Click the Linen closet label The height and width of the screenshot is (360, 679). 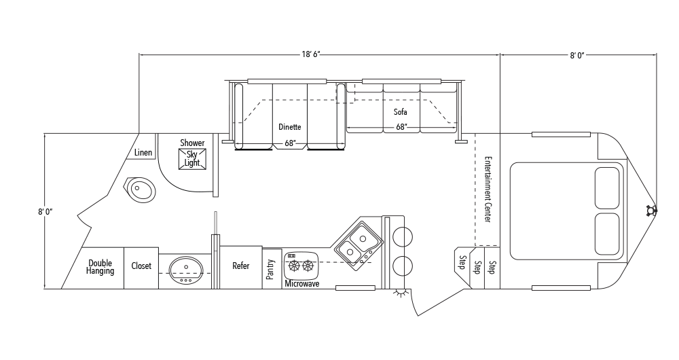pyautogui.click(x=143, y=153)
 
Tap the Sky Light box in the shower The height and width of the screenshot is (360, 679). pyautogui.click(x=192, y=159)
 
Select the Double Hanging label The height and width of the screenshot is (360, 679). pyautogui.click(x=100, y=267)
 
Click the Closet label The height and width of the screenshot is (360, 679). pyautogui.click(x=141, y=266)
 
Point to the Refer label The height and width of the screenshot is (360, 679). pyautogui.click(x=241, y=266)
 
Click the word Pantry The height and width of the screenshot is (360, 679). pyautogui.click(x=271, y=269)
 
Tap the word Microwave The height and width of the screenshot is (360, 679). pyautogui.click(x=302, y=284)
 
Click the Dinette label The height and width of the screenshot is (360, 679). pyautogui.click(x=290, y=127)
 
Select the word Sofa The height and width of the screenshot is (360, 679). pyautogui.click(x=401, y=112)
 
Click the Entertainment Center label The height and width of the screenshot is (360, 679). pyautogui.click(x=488, y=190)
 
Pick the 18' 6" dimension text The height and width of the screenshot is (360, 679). pyautogui.click(x=311, y=54)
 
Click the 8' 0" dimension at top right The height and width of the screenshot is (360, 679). pyautogui.click(x=577, y=55)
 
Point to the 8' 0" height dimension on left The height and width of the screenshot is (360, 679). pyautogui.click(x=45, y=212)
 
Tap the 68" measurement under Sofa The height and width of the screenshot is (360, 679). pyautogui.click(x=401, y=127)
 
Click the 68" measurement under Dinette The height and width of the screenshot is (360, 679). pyautogui.click(x=290, y=143)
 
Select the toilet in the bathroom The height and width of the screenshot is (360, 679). pyautogui.click(x=141, y=190)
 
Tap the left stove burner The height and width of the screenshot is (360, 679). pyautogui.click(x=295, y=265)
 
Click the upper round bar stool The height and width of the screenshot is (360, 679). pyautogui.click(x=402, y=237)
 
